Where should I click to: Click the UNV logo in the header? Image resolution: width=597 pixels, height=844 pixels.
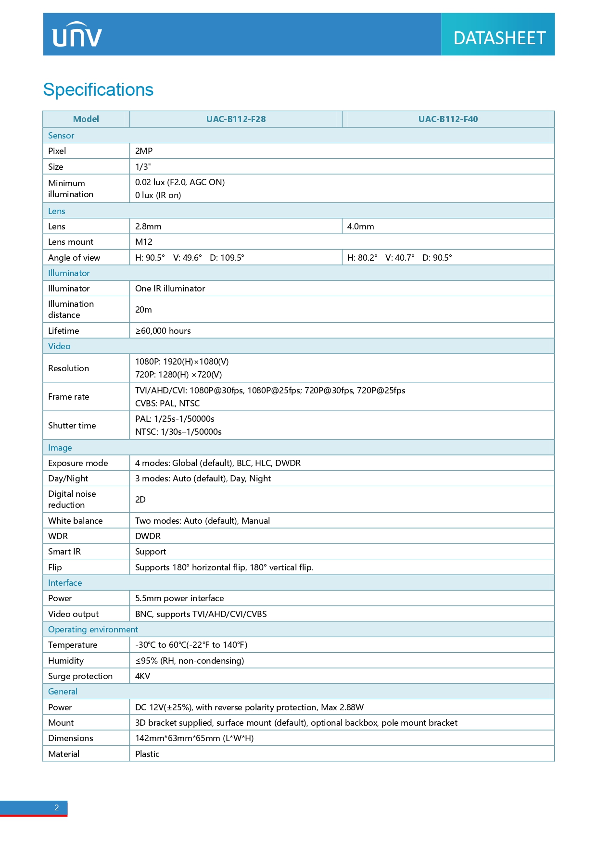(x=77, y=35)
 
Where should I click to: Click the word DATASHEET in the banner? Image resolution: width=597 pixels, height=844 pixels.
(x=499, y=38)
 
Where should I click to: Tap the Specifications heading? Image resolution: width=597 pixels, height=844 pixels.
(x=98, y=90)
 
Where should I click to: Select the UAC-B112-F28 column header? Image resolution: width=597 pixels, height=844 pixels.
(x=236, y=119)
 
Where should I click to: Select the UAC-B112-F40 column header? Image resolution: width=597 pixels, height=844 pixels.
(x=448, y=119)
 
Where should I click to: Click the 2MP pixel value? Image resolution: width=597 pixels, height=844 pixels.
(x=144, y=151)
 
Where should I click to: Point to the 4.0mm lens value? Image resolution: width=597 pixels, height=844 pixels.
(x=360, y=227)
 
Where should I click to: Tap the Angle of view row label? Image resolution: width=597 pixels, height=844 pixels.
(x=74, y=258)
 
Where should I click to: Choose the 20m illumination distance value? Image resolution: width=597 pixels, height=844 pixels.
(x=143, y=310)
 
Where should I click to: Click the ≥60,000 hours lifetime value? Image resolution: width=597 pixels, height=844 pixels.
(x=163, y=331)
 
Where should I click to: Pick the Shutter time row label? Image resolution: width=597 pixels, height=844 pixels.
(x=72, y=426)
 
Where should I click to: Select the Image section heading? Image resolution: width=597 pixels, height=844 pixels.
(x=60, y=448)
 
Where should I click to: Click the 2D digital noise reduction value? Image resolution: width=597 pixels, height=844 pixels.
(x=140, y=500)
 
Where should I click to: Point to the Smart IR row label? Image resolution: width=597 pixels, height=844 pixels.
(x=64, y=552)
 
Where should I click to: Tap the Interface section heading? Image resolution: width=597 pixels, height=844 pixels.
(x=65, y=583)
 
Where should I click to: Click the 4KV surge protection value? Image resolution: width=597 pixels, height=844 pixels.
(x=143, y=676)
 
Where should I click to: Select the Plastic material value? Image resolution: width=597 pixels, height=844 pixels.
(x=147, y=754)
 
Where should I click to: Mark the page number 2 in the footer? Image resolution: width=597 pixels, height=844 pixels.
(x=57, y=807)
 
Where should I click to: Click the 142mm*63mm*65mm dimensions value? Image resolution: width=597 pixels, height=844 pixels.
(x=194, y=738)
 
